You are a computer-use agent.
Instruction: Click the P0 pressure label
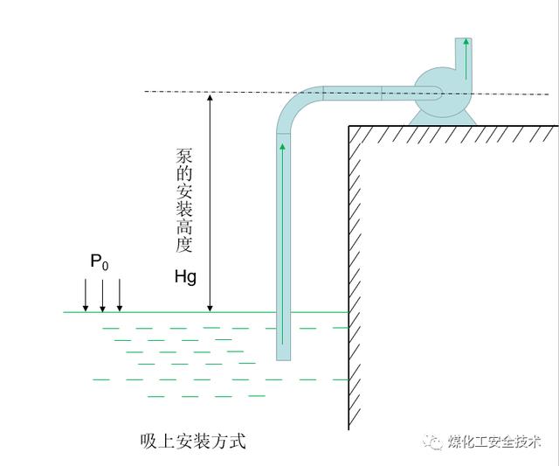pyautogui.click(x=99, y=262)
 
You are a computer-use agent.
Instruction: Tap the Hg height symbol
pyautogui.click(x=185, y=277)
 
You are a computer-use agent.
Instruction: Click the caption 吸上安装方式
pyautogui.click(x=193, y=441)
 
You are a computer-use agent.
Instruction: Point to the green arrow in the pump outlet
pyautogui.click(x=467, y=53)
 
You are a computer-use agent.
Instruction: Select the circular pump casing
pyautogui.click(x=441, y=92)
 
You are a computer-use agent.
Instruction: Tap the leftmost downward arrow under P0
pyautogui.click(x=86, y=295)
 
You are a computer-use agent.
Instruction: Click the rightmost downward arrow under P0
pyautogui.click(x=120, y=295)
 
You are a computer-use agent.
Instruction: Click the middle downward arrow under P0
pyautogui.click(x=103, y=295)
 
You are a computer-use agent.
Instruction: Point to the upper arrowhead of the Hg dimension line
pyautogui.click(x=210, y=97)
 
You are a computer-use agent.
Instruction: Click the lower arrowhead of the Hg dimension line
pyautogui.click(x=210, y=307)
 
